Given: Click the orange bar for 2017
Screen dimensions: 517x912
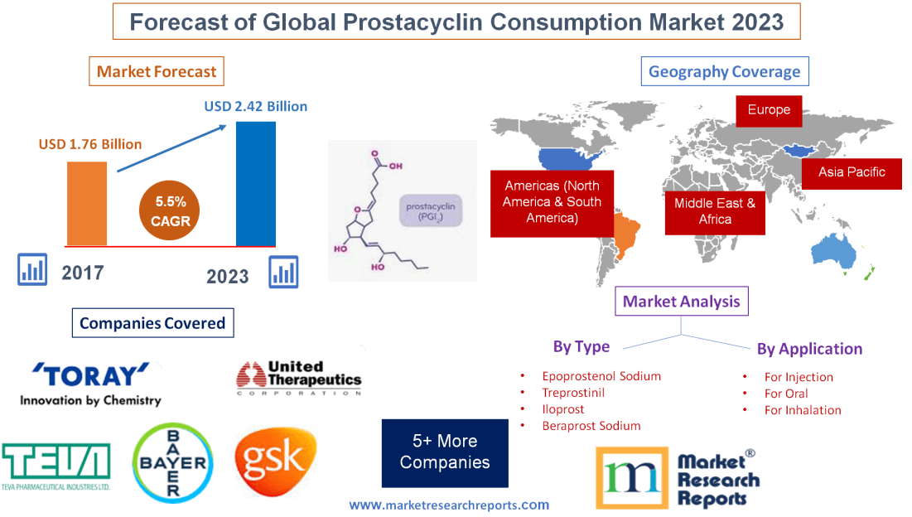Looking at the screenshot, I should tap(87, 203).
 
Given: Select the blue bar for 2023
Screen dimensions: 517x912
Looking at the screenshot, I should tap(256, 183).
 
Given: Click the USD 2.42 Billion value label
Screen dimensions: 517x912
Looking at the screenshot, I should tap(256, 106).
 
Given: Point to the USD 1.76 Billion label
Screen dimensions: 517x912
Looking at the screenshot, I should tap(90, 144).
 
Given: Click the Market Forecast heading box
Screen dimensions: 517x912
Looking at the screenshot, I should tap(157, 71).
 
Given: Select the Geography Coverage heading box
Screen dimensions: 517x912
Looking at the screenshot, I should tap(724, 71).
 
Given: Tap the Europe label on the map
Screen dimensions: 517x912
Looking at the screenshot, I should tap(769, 110).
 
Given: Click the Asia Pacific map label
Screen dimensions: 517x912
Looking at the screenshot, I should tap(852, 172).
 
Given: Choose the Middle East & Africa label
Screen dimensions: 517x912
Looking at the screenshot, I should tap(714, 211).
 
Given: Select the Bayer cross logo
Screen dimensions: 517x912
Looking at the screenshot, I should tap(173, 462).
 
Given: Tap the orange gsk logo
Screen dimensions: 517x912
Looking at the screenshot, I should tap(275, 461).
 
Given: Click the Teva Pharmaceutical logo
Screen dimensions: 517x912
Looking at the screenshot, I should tap(56, 465).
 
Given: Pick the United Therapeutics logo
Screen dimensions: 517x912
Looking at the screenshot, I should tap(299, 379).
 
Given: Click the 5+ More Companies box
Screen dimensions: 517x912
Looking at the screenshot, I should tap(445, 452).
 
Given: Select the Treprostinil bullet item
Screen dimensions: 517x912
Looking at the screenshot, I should tap(574, 393).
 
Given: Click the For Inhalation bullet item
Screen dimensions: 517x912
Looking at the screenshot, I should tap(802, 410).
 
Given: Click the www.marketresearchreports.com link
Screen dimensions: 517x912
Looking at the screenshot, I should tap(449, 505).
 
